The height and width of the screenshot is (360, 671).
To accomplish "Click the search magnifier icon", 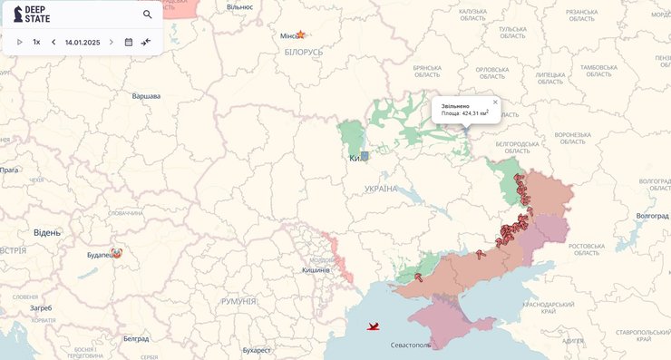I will click(x=148, y=15).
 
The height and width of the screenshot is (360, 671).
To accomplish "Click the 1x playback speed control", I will click(x=36, y=42).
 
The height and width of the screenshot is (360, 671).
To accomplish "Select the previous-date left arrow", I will click(x=53, y=42).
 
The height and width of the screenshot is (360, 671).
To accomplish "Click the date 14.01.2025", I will click(x=83, y=42).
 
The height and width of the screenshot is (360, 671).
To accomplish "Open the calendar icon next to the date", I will click(x=129, y=42).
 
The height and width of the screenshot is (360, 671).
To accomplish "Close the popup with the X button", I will click(x=495, y=102).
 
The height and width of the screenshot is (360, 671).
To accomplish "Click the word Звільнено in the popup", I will click(x=455, y=106).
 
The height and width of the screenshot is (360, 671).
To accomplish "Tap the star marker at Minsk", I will click(x=300, y=35).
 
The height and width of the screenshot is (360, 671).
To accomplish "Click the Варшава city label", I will click(x=146, y=96).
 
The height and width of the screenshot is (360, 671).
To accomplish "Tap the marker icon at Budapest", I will click(x=116, y=254).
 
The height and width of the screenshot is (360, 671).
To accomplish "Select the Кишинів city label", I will click(x=316, y=270).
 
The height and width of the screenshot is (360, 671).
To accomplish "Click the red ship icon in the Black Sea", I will click(x=373, y=326).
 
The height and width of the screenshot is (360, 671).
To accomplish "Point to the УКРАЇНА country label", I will click(x=381, y=189).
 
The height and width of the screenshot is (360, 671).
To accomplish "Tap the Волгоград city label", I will click(x=652, y=216).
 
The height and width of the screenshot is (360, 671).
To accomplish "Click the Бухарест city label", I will click(x=257, y=350).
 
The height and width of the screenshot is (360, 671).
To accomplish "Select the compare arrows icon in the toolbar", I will click(x=146, y=42).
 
